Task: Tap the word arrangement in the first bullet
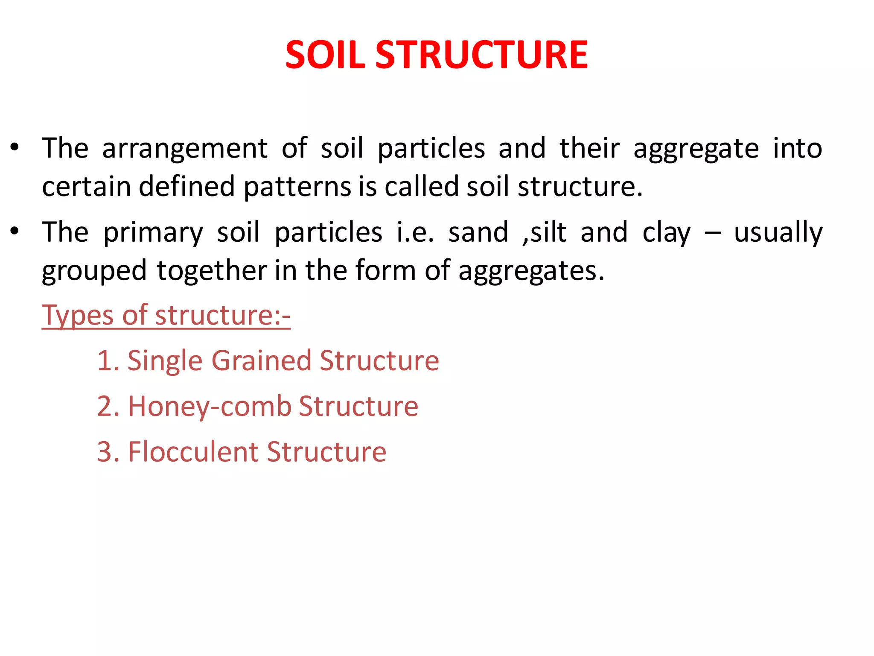click(x=185, y=149)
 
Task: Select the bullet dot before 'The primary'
click(x=15, y=231)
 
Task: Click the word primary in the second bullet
click(x=153, y=233)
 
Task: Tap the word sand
click(x=478, y=232)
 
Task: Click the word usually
click(x=778, y=233)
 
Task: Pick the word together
click(x=212, y=271)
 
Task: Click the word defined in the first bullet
click(x=186, y=187)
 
